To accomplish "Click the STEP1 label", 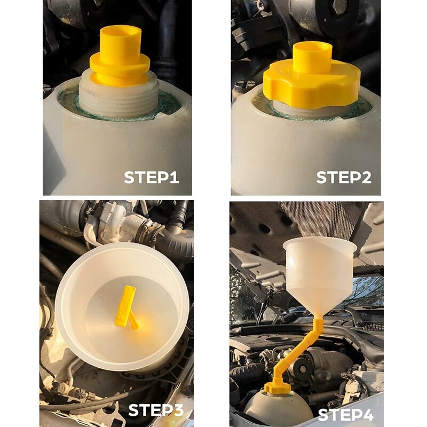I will (x=151, y=177).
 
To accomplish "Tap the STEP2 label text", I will (x=344, y=177).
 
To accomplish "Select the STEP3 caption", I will (x=155, y=410).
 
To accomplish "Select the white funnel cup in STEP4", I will (x=320, y=272).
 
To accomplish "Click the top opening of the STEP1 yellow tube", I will (x=121, y=30).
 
